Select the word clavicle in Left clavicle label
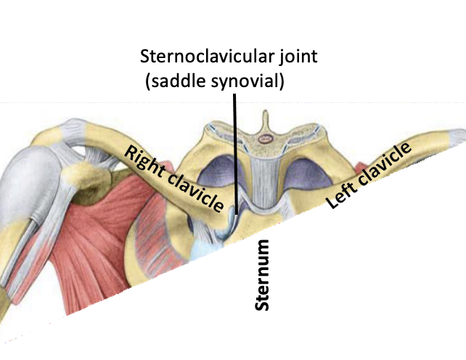(x=385, y=163)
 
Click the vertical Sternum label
(x=265, y=277)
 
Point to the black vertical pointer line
(x=235, y=145)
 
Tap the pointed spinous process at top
(x=266, y=117)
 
